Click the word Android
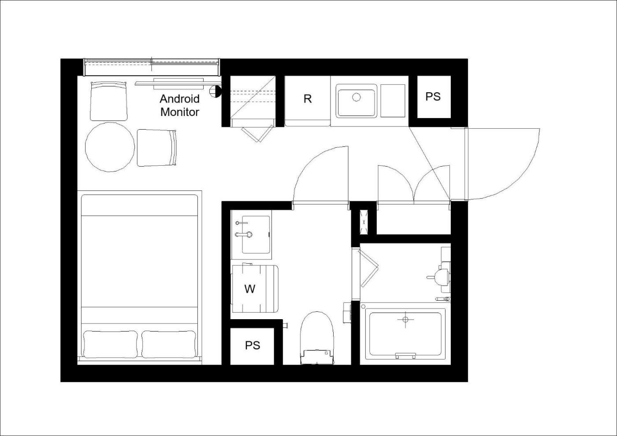pos(180,99)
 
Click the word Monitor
pos(180,112)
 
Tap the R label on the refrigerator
pos(308,99)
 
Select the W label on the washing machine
pos(249,289)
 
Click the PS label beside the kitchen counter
pos(433,97)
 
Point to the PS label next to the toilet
pos(252,345)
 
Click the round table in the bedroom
pos(110,147)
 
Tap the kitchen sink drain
pos(357,97)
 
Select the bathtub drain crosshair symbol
pos(405,320)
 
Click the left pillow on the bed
pos(110,344)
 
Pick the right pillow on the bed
pos(168,344)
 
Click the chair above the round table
pos(109,101)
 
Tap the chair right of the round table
pos(156,148)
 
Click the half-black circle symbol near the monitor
pos(215,92)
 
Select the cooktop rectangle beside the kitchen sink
pos(393,101)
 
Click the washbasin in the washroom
pos(256,235)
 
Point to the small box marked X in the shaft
pos(364,222)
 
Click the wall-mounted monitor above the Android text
pos(178,83)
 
